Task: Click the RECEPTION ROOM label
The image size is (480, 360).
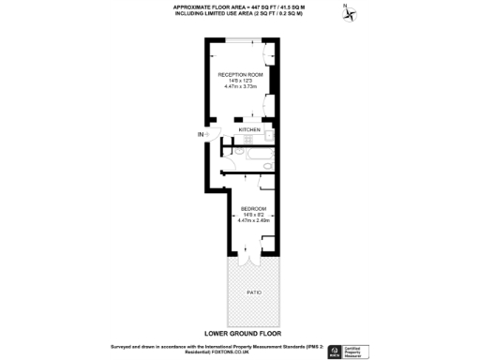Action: tap(240, 74)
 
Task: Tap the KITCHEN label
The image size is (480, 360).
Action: tap(249, 129)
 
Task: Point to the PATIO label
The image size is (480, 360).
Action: tap(254, 292)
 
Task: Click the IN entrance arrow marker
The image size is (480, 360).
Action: tap(201, 136)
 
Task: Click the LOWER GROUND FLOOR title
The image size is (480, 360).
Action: tap(242, 331)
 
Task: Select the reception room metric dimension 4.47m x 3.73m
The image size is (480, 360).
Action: tap(241, 86)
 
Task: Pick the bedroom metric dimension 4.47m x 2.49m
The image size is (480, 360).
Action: tap(255, 219)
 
